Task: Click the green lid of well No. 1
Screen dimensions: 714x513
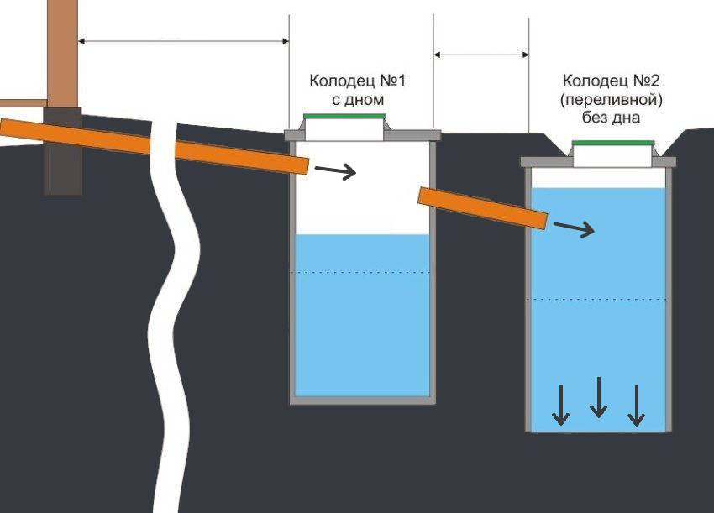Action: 344,116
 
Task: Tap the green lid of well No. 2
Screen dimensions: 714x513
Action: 613,143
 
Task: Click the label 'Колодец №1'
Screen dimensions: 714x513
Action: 358,81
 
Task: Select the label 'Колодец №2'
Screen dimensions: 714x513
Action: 611,81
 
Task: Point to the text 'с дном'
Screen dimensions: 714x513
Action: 358,100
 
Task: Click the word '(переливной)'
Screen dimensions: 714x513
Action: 611,99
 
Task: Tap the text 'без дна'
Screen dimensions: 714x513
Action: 611,118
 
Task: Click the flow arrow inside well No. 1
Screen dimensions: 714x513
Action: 336,171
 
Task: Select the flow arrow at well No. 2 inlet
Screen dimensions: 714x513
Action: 575,228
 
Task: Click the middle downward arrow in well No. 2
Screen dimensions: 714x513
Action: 598,397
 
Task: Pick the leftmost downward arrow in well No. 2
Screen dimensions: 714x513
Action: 561,406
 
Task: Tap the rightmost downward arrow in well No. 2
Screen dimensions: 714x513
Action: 636,406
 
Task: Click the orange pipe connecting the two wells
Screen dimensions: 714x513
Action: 483,208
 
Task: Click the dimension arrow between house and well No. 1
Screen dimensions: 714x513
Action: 183,41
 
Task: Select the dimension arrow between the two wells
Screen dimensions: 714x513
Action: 481,55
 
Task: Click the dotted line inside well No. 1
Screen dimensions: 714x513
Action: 363,272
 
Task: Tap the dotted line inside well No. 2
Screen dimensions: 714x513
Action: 597,299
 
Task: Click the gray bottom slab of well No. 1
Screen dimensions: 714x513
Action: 363,400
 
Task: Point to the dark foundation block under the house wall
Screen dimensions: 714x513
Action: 63,152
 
